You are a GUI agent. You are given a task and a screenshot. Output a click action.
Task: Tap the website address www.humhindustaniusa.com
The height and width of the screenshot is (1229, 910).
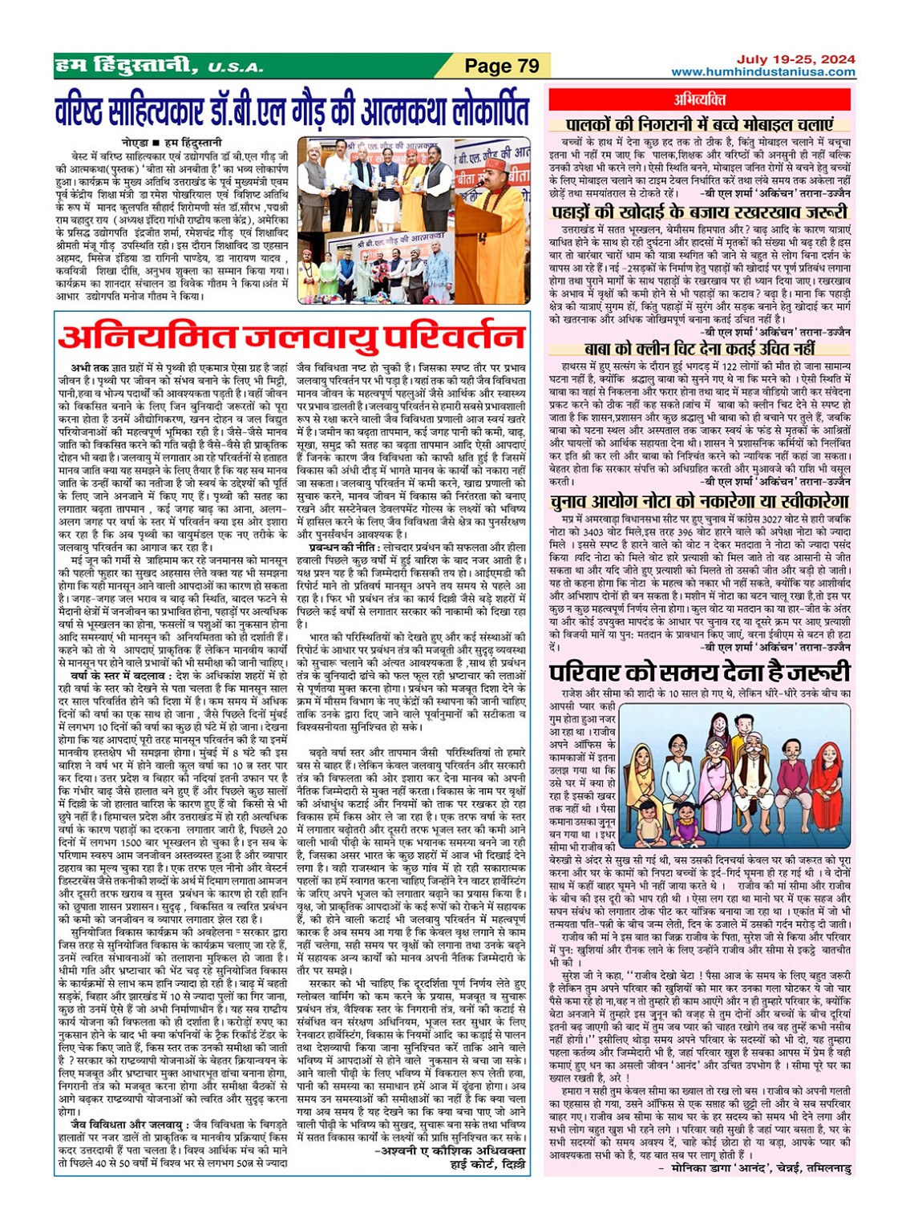[762, 72]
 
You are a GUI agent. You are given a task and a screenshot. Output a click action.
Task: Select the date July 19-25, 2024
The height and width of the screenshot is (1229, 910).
[795, 59]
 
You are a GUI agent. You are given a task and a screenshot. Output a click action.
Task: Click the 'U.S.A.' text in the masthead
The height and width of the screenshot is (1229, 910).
[235, 68]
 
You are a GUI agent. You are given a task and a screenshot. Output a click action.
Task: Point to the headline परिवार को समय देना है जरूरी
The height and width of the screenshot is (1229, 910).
[700, 671]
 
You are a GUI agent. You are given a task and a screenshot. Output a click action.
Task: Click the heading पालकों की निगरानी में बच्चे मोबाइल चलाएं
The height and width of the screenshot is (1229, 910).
[700, 124]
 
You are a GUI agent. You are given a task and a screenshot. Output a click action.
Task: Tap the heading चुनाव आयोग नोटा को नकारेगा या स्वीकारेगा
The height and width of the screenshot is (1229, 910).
[700, 501]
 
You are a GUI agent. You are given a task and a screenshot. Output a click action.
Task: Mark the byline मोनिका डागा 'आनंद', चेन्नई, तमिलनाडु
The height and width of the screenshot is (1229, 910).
[760, 1169]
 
